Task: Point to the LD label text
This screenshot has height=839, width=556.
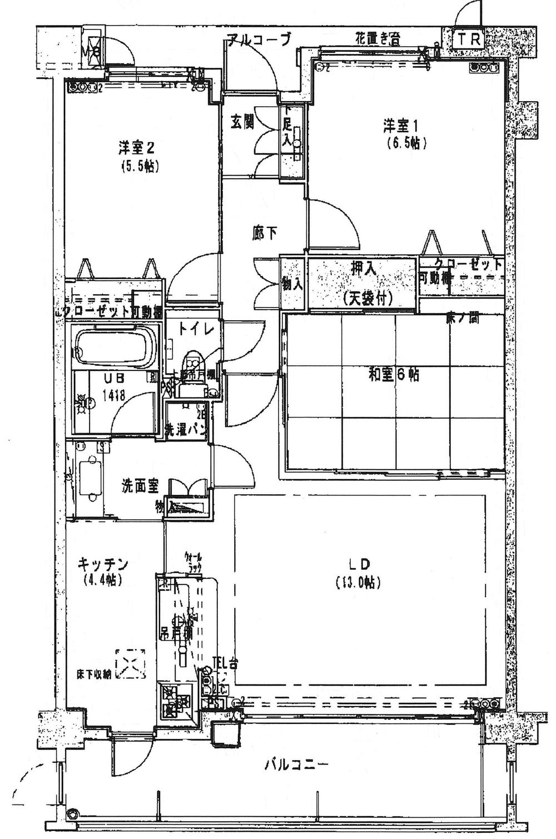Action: tap(359, 564)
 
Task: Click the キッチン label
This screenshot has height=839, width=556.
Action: tap(103, 564)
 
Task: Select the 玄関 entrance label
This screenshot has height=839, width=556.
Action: tap(242, 122)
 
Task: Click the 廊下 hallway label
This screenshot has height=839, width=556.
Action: tap(265, 234)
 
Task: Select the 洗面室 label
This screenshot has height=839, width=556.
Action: tap(140, 486)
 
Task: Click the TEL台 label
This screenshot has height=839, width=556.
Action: tap(226, 663)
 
